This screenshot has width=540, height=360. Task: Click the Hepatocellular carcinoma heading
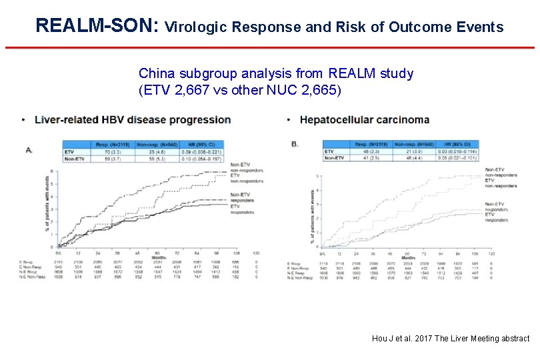[364, 120]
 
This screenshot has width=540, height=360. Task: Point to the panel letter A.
[29, 150]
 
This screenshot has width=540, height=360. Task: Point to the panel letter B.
[295, 143]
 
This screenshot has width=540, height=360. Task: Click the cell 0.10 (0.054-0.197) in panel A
[203, 159]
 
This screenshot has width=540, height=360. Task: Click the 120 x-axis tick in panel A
[256, 253]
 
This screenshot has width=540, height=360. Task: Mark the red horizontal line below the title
[270, 47]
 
